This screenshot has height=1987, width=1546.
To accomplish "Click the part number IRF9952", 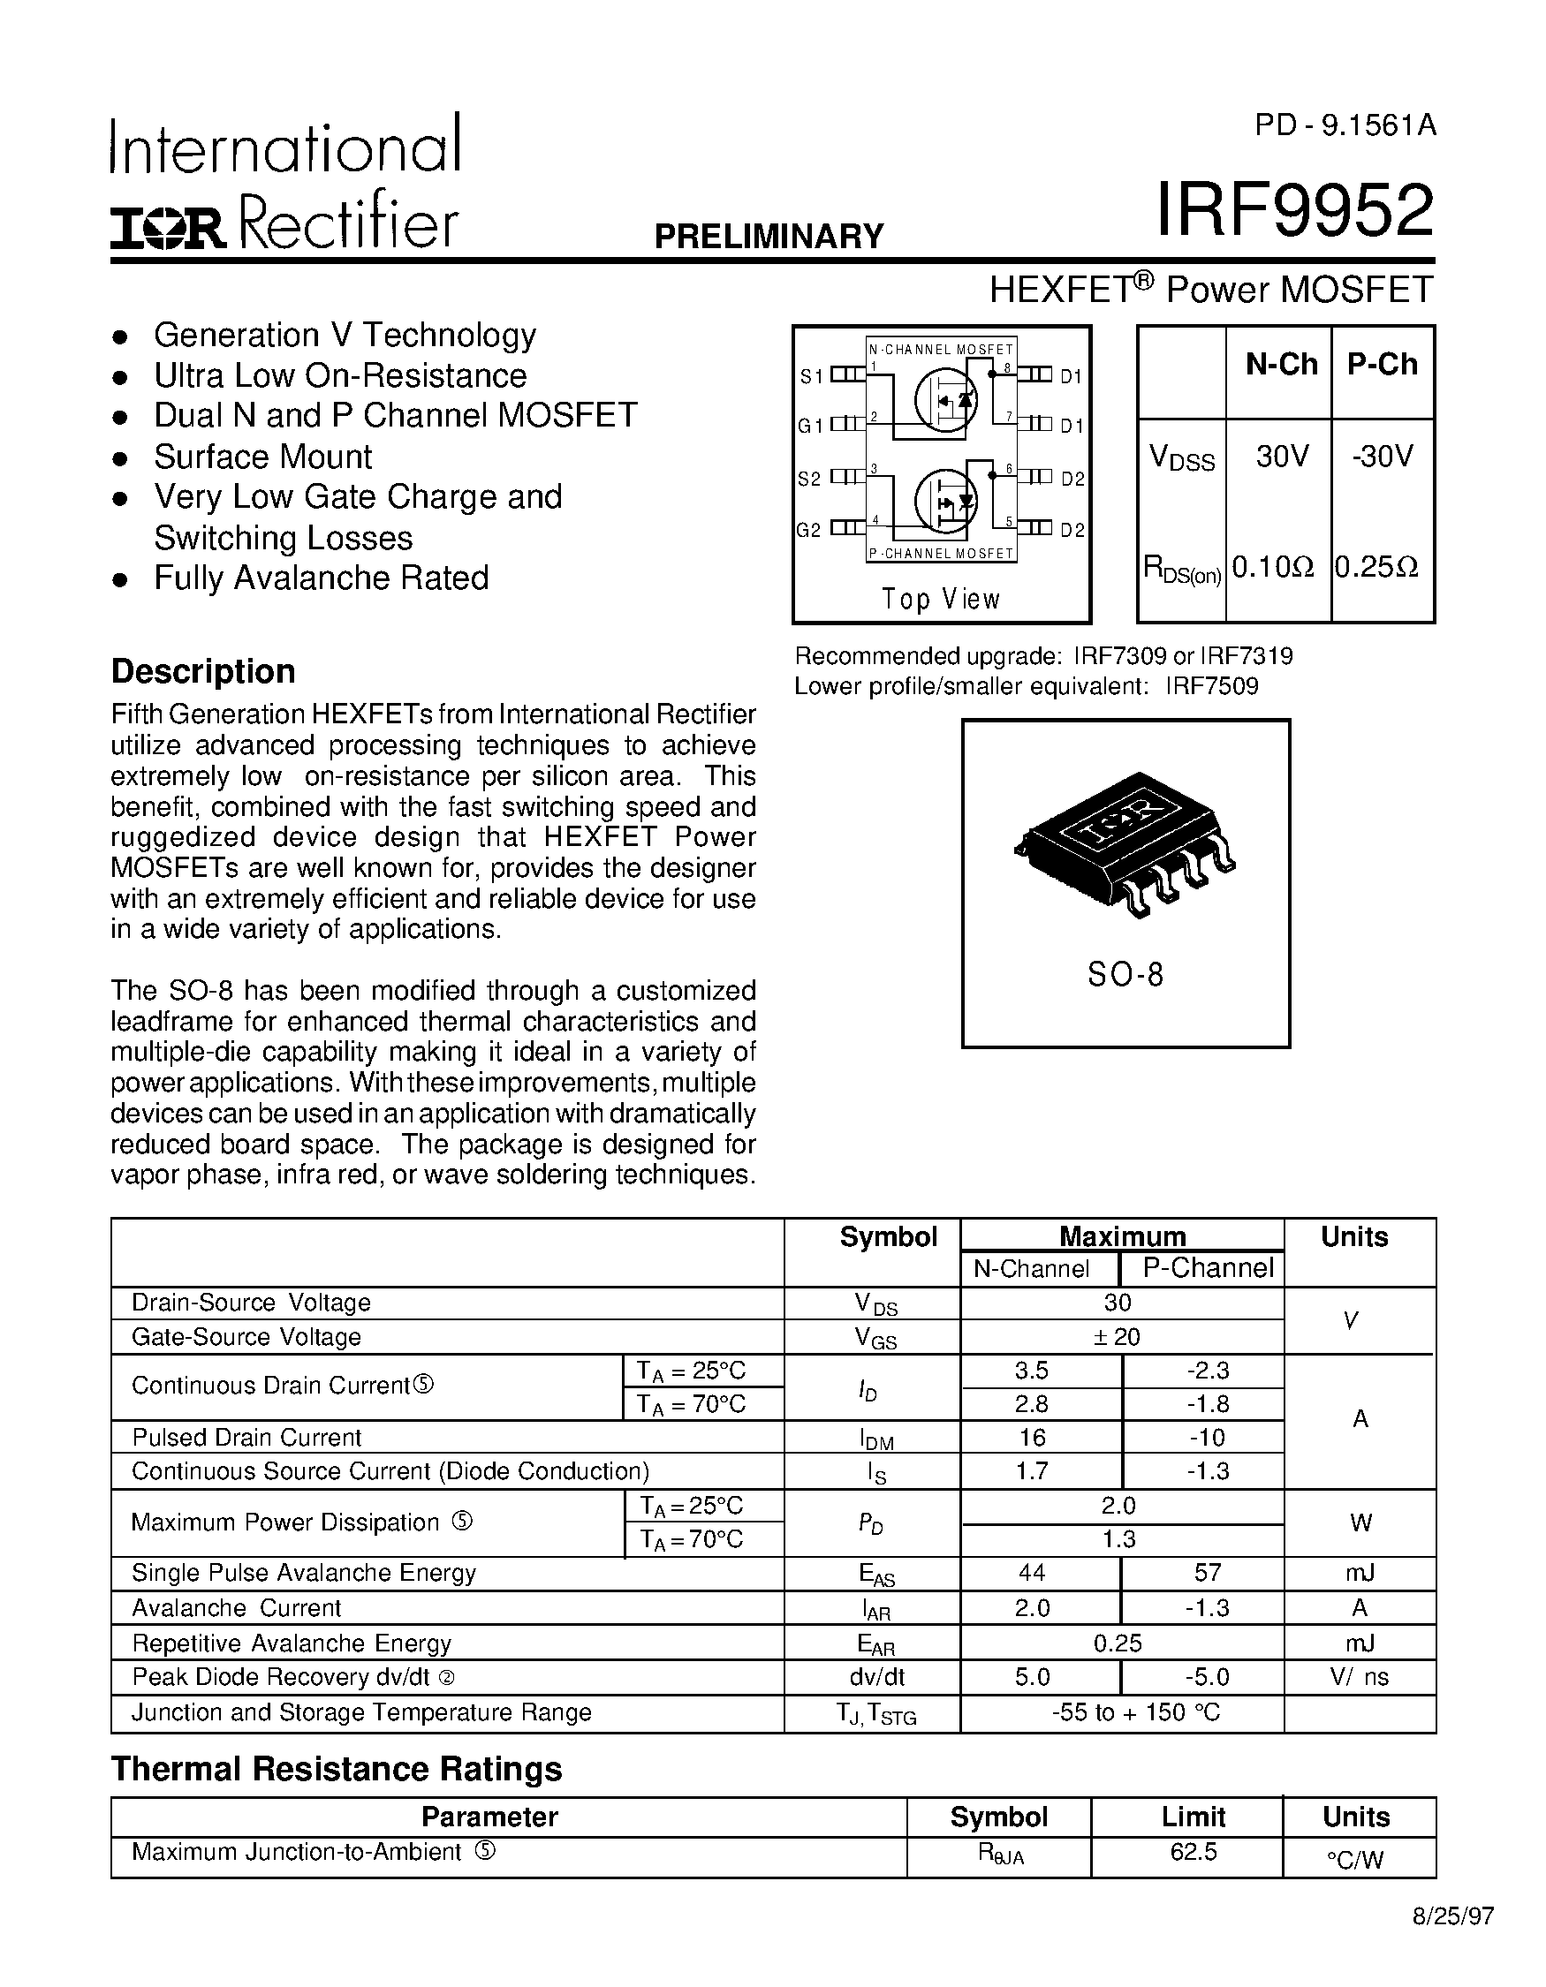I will pos(1294,211).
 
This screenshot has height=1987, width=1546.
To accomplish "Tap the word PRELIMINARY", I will pos(769,237).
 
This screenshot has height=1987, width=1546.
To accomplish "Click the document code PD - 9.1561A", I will pos(1345,125).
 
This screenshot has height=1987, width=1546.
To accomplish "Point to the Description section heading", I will pos(203,671).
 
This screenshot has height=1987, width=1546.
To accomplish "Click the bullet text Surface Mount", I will pos(263,457).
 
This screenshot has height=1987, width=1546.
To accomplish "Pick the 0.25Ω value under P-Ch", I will pos(1376,568).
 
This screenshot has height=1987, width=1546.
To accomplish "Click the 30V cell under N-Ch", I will pos(1281,456).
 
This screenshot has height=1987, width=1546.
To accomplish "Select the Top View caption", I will pos(941,599).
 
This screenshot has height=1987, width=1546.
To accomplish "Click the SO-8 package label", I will pos(1125,974).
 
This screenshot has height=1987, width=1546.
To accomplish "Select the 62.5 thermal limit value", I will pos(1193,1851).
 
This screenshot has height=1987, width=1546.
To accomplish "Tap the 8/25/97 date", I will pos(1452,1941).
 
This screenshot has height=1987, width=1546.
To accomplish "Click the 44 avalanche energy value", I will pos(1032,1572).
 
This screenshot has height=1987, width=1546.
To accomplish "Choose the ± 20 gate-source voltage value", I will pos(1118,1336).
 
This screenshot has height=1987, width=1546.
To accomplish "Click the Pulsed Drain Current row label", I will pos(246,1438).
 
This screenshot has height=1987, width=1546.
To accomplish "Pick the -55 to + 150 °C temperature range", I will pos(1134,1712).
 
